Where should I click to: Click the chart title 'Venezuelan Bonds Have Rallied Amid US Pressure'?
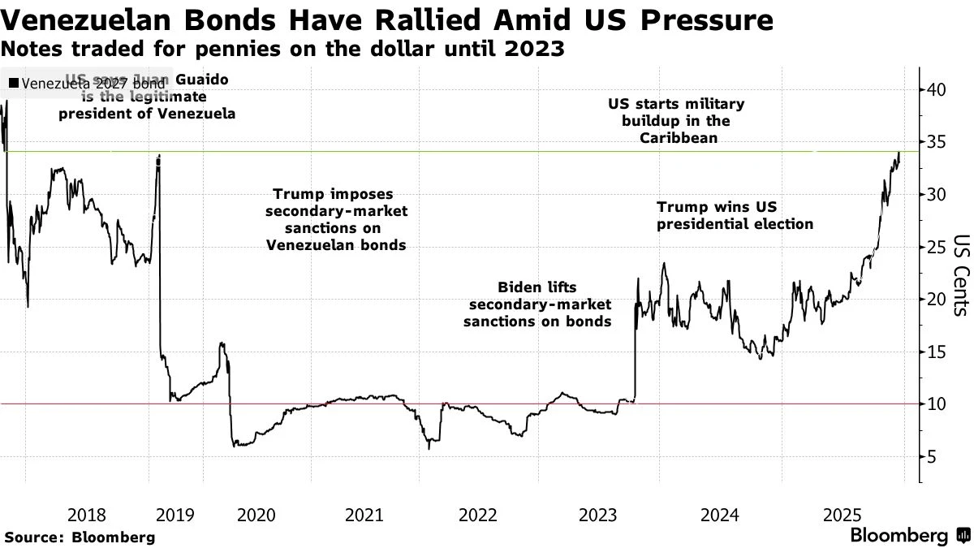(x=386, y=19)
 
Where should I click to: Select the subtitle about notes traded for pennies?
(x=283, y=49)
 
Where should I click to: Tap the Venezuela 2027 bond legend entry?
(x=86, y=83)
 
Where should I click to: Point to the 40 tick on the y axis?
(x=936, y=89)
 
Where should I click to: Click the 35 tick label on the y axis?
(x=936, y=142)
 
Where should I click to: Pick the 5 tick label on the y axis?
(x=932, y=457)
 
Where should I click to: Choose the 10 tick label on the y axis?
(x=936, y=404)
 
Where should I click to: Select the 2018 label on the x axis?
(x=87, y=515)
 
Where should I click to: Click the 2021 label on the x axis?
(x=364, y=515)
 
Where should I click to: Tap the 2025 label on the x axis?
(x=842, y=515)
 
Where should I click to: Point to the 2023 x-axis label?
(x=599, y=515)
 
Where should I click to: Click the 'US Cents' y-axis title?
(x=959, y=274)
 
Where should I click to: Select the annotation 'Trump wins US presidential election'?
(x=735, y=215)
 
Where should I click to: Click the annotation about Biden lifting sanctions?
(x=537, y=304)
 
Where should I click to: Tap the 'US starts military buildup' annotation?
(x=675, y=121)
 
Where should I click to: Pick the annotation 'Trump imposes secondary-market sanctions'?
(x=336, y=219)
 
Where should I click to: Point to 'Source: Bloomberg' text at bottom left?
(x=80, y=537)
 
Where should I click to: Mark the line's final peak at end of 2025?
(x=899, y=152)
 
